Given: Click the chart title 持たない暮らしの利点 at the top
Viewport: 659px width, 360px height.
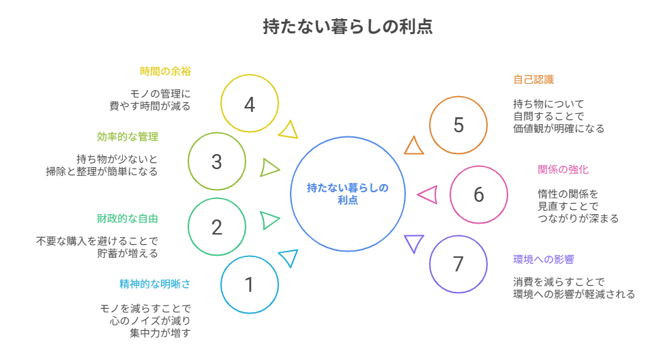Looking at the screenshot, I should pos(348,27).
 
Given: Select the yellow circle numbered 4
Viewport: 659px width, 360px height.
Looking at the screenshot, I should pos(250,104).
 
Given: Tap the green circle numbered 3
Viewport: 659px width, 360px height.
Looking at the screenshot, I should pos(217,162).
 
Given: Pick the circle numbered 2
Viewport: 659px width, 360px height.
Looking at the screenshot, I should pos(217,226).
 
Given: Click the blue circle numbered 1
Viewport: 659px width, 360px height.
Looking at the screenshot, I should pos(250,284).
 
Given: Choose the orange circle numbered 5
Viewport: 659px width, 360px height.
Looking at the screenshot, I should pos(458,125).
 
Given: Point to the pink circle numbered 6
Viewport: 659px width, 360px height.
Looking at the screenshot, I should pos(479,194).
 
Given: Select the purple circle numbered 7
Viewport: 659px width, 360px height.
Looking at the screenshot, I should pos(458,264).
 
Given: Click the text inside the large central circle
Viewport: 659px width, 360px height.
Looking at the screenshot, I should pos(348,194).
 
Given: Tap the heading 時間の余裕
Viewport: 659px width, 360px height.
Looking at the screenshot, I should pos(165,71).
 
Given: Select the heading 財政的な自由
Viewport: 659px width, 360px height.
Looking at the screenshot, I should pos(132,218).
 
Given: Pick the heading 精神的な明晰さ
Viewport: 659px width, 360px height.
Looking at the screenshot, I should pos(155,284).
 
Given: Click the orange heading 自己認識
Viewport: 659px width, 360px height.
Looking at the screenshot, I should pos(533,79).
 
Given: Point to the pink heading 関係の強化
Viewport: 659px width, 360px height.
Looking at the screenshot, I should pos(563,169).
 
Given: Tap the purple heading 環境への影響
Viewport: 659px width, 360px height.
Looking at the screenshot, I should pos(544,259).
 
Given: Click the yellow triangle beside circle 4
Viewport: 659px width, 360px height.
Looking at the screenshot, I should pos(290,130).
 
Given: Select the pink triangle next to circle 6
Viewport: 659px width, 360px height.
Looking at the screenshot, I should pos(428,195).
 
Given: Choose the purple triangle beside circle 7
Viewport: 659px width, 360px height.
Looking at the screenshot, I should pos(413,243).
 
